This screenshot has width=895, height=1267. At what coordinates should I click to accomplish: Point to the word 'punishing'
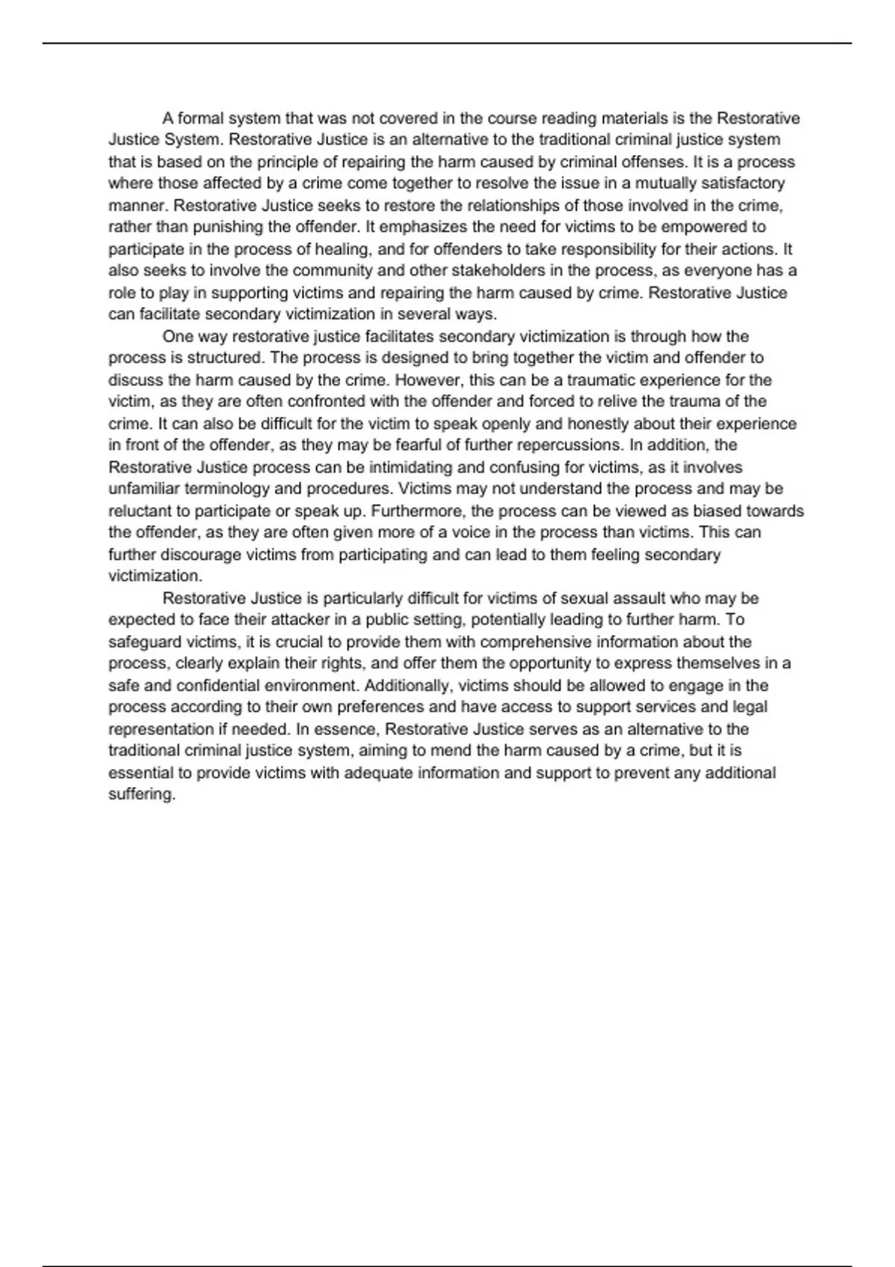(x=227, y=227)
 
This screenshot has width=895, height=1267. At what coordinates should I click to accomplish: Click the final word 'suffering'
(x=141, y=794)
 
